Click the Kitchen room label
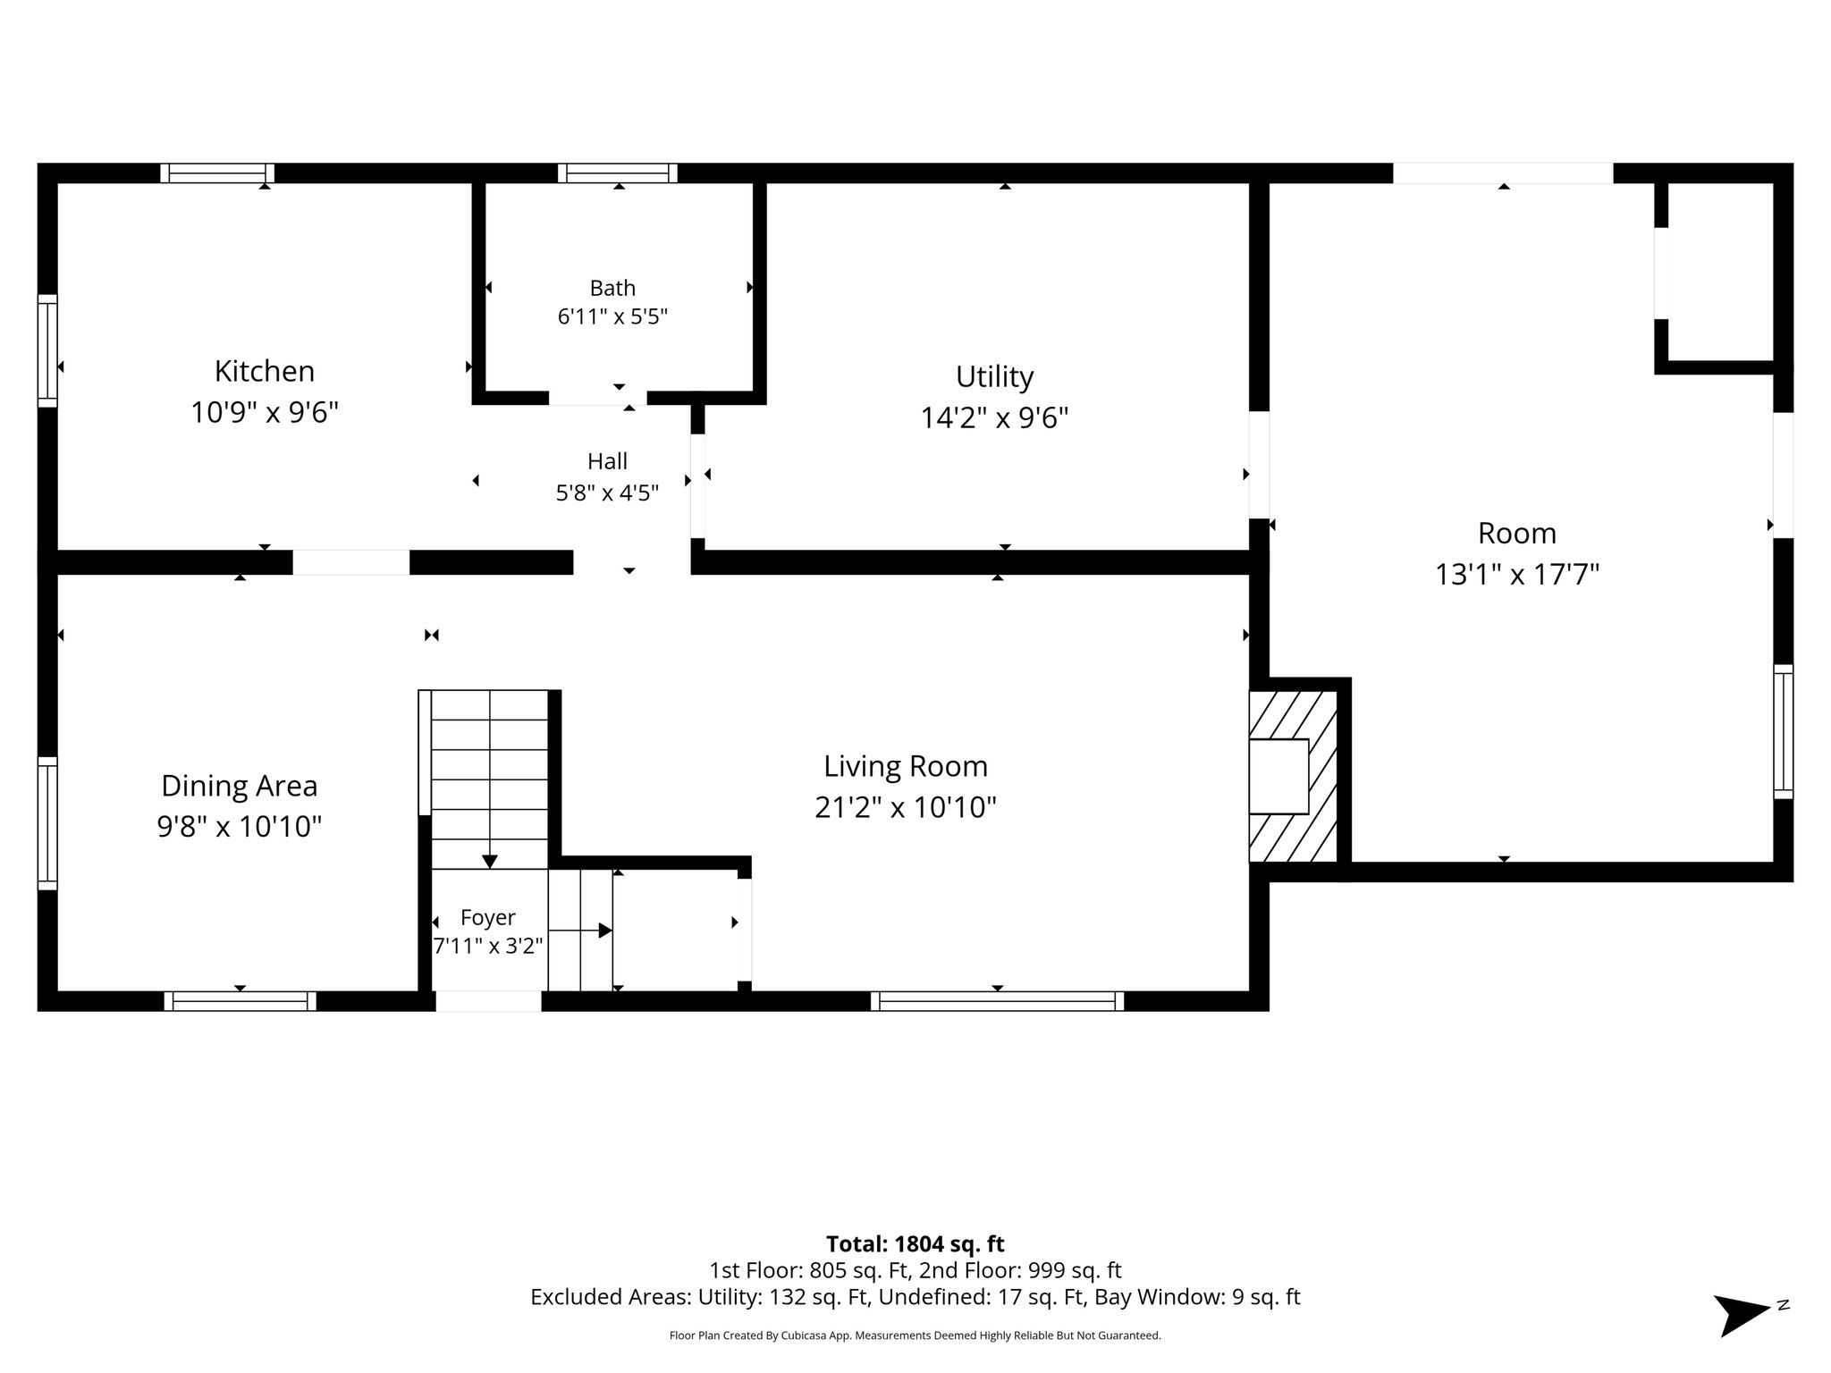tap(265, 371)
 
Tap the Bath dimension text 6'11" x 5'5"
tap(613, 316)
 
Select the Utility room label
tap(995, 377)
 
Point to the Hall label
tap(607, 461)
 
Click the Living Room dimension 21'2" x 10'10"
tap(906, 807)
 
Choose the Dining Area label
tap(240, 786)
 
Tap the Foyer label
tap(488, 918)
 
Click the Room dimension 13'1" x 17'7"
tap(1517, 574)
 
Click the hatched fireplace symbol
tap(1293, 776)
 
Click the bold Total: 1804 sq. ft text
tap(915, 1243)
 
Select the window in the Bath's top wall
tap(618, 173)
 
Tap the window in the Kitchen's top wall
tap(217, 173)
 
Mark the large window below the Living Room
tap(998, 1001)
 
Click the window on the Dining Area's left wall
tap(47, 823)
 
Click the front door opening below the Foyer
tap(488, 1001)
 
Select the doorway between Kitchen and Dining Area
tap(351, 562)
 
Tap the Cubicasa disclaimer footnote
tap(915, 1335)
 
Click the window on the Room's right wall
tap(1784, 731)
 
